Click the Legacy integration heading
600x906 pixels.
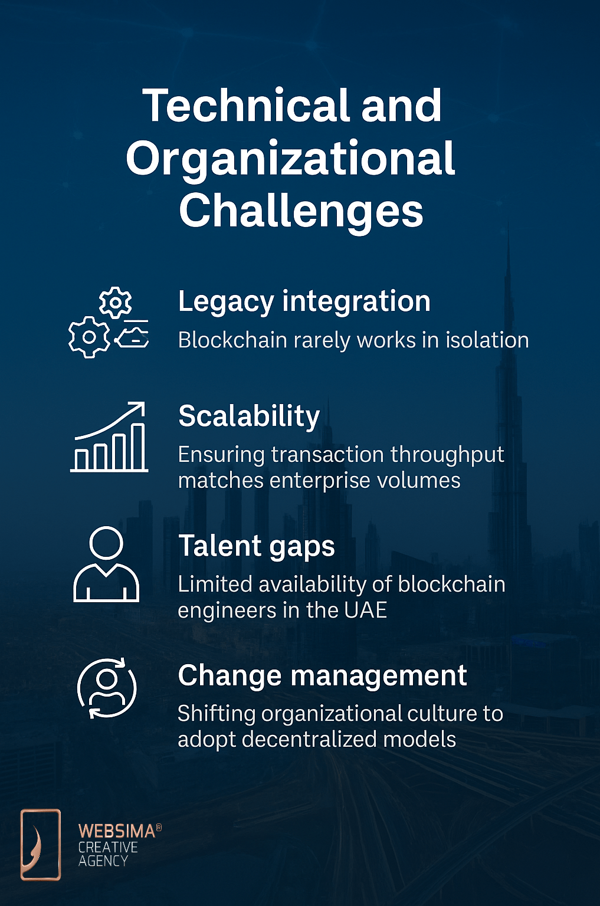click(304, 302)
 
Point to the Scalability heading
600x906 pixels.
click(249, 416)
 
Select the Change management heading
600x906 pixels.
click(323, 675)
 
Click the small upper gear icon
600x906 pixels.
click(115, 303)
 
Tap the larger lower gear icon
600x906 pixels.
click(89, 337)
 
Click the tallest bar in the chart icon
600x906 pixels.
click(139, 447)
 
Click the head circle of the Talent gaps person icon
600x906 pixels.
click(106, 543)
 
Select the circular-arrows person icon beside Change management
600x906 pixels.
click(107, 688)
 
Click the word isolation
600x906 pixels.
click(487, 340)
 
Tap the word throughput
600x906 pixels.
click(447, 455)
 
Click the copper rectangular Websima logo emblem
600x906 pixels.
click(41, 845)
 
